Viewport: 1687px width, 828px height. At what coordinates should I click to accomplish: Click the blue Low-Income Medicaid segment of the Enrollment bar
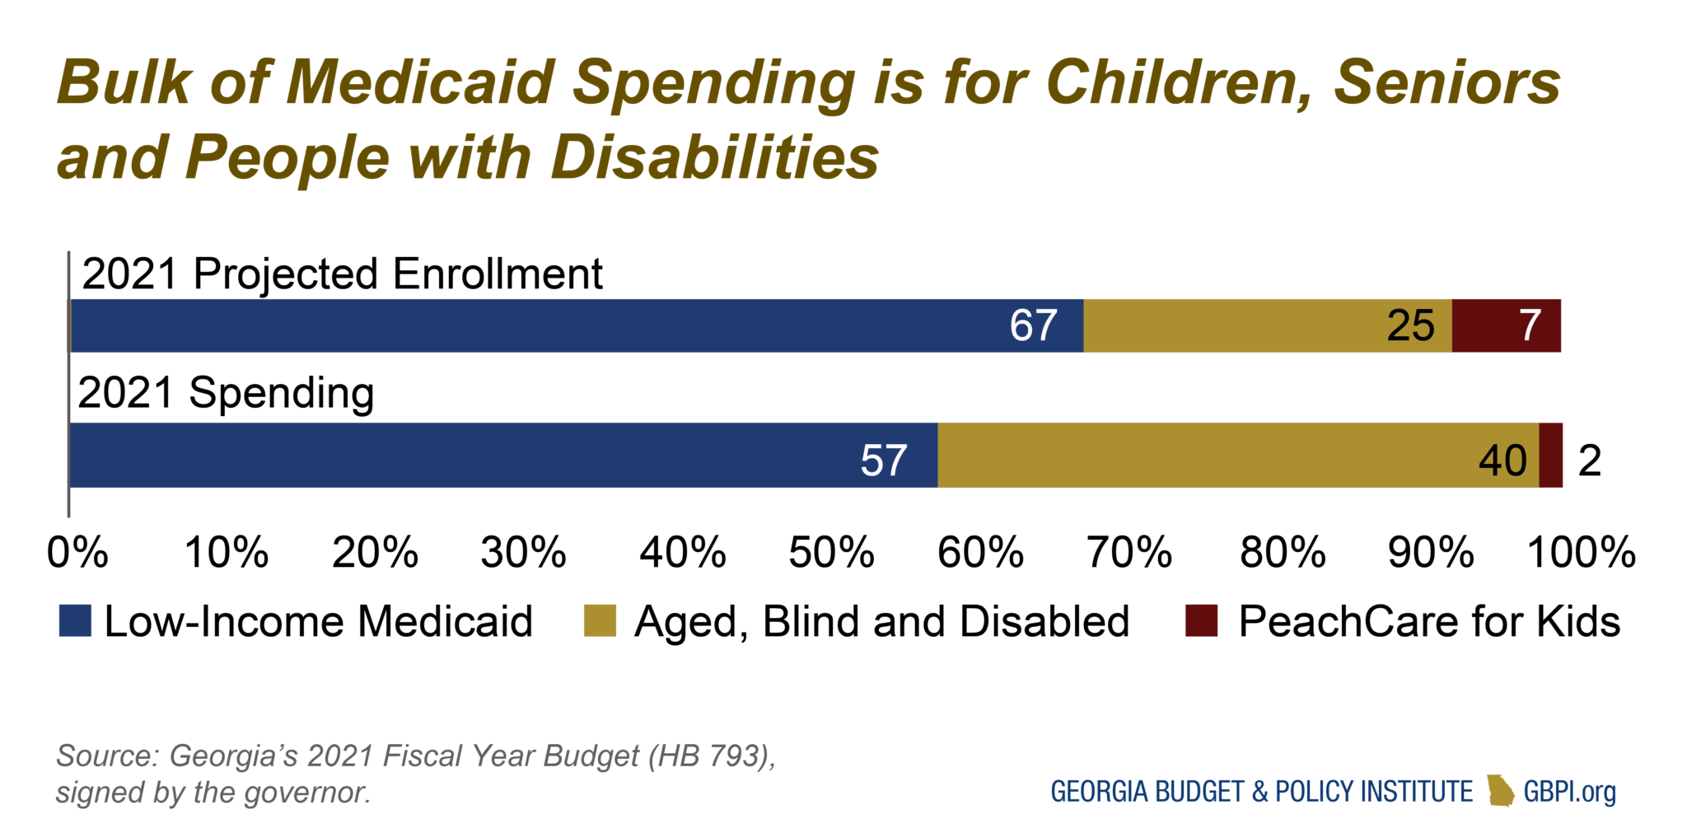535,325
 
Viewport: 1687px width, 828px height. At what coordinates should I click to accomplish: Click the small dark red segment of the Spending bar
1551,455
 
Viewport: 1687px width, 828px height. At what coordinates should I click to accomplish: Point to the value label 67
1033,325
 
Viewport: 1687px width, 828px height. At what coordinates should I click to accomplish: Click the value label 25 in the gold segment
1410,325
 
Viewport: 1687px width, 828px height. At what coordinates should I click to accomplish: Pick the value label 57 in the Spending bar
883,460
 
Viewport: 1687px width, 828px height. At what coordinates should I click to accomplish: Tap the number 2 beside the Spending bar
1590,460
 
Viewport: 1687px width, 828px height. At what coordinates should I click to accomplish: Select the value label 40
1502,460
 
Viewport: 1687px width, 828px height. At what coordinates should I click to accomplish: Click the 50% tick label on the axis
830,552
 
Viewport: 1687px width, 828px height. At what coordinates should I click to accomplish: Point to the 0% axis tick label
77,552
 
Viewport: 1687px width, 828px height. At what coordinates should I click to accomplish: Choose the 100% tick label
1581,552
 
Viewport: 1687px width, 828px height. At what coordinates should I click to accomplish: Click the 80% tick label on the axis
1282,552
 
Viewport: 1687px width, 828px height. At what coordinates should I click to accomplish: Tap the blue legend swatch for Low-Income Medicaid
75,620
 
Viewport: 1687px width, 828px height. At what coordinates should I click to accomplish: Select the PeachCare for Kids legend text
1429,620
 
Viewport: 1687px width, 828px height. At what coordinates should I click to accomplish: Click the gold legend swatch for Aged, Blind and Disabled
600,620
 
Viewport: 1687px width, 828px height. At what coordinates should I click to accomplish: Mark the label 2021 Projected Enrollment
342,274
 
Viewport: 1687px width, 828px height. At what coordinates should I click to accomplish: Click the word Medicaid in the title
420,82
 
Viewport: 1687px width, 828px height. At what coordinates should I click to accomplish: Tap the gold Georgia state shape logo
1501,790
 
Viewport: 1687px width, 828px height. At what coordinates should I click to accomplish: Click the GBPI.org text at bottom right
1569,791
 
